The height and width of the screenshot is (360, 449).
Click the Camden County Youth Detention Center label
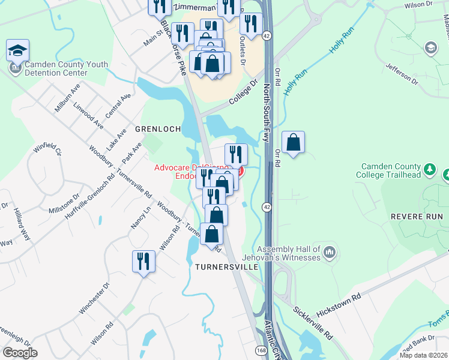63,68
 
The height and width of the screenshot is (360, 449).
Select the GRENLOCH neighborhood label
158,129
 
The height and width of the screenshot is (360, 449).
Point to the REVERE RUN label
416,217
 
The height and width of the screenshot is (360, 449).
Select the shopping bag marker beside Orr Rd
294,143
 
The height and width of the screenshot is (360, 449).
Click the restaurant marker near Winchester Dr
143,262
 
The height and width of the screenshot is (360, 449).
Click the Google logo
20,353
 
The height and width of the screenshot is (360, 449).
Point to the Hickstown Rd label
339,304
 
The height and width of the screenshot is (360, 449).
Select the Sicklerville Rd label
313,323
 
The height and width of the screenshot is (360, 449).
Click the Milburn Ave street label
66,97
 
